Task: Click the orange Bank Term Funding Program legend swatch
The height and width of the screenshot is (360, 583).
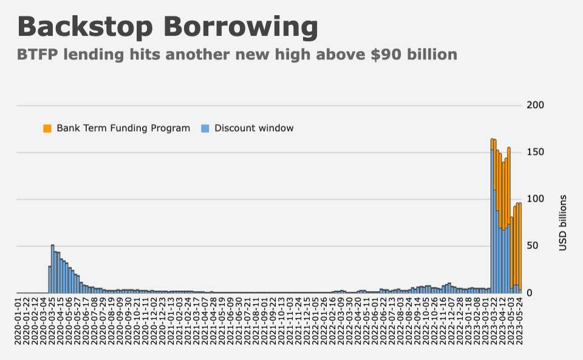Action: [x=47, y=128]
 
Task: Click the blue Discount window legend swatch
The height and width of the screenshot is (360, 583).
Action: [x=205, y=128]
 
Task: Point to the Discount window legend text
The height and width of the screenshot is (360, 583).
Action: [x=254, y=128]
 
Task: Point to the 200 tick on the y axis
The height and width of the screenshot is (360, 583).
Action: [x=535, y=106]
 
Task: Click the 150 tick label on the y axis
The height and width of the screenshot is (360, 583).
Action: [x=535, y=152]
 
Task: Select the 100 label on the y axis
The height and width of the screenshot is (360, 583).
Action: [x=535, y=199]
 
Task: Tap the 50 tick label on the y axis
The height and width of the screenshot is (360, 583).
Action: [x=533, y=246]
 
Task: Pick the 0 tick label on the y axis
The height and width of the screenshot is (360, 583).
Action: [x=530, y=293]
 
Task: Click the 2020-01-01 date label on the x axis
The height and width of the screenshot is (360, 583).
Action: [x=18, y=319]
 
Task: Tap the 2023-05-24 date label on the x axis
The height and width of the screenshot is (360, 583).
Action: [x=519, y=319]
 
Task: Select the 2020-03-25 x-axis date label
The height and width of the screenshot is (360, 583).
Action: [x=52, y=319]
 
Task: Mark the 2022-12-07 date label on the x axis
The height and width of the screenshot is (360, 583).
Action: [x=449, y=319]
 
